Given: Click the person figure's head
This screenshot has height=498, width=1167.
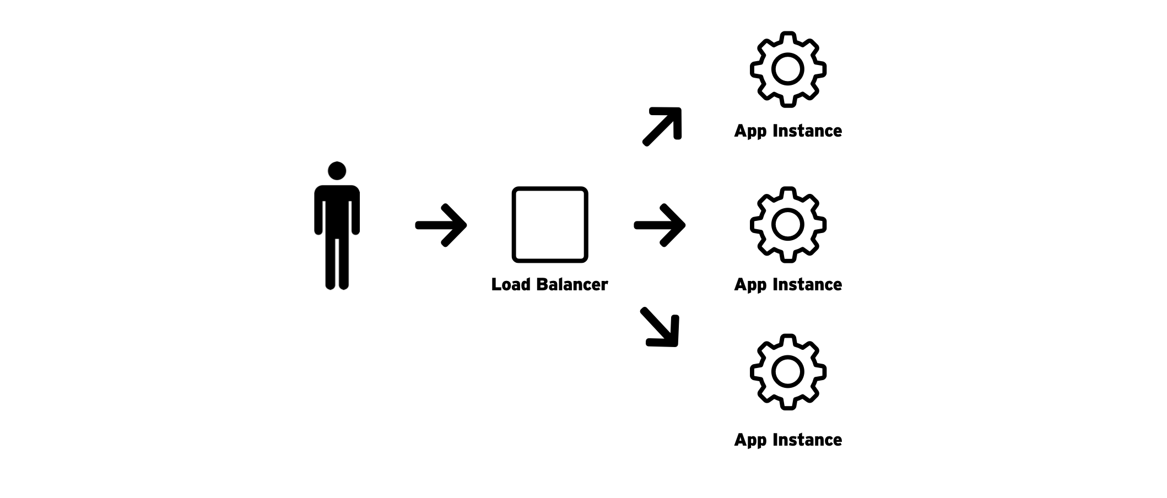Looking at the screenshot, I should pos(337,171).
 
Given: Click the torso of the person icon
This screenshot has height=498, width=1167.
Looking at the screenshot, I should pos(337,212).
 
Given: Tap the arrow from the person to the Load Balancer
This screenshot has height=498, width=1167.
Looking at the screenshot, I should pos(441,225).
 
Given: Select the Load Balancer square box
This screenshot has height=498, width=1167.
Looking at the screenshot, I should pos(549,225).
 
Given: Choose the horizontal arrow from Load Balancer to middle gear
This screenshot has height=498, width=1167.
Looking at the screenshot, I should pos(660,225).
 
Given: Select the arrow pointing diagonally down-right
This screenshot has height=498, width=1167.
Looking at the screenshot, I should pos(661,327).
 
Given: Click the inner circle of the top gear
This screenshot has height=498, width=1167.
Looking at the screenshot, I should pos(788,69).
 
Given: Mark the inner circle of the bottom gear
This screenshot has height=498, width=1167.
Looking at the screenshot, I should pos(788,372).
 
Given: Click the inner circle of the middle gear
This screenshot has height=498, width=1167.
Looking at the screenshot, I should pos(788,225).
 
